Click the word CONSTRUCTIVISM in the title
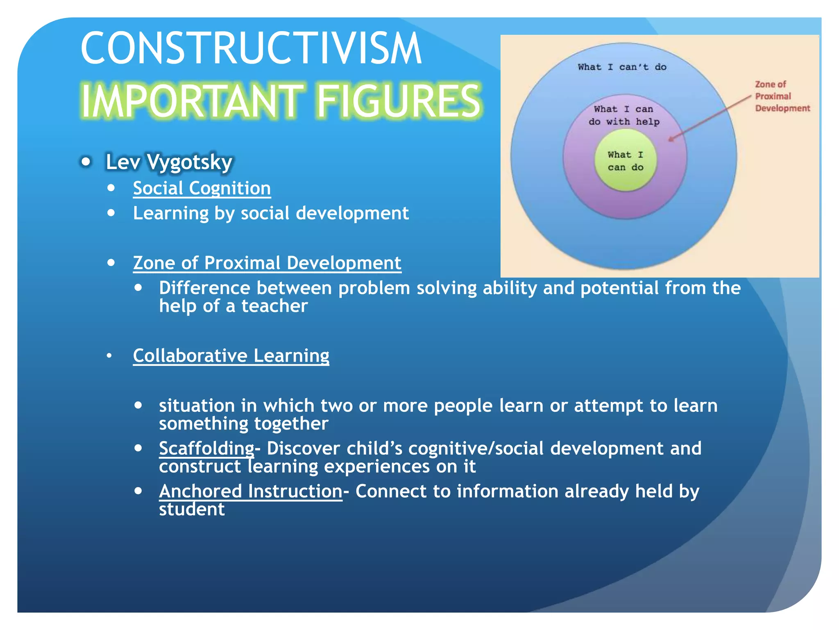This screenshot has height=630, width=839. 251,48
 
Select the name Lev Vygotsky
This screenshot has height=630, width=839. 169,162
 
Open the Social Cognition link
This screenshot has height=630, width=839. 202,188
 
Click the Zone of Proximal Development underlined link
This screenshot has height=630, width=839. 267,263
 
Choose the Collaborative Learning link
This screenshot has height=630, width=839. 231,356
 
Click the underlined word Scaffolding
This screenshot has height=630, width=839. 206,448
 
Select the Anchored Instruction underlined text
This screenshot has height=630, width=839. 250,491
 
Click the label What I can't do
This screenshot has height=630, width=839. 622,67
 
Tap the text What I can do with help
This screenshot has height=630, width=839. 624,115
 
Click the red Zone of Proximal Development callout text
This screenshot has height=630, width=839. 782,96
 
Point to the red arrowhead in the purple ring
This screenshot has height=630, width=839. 670,139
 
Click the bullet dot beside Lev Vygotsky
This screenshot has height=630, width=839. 86,162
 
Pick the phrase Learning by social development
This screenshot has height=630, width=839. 270,213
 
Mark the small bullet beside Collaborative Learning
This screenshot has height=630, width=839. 109,356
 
